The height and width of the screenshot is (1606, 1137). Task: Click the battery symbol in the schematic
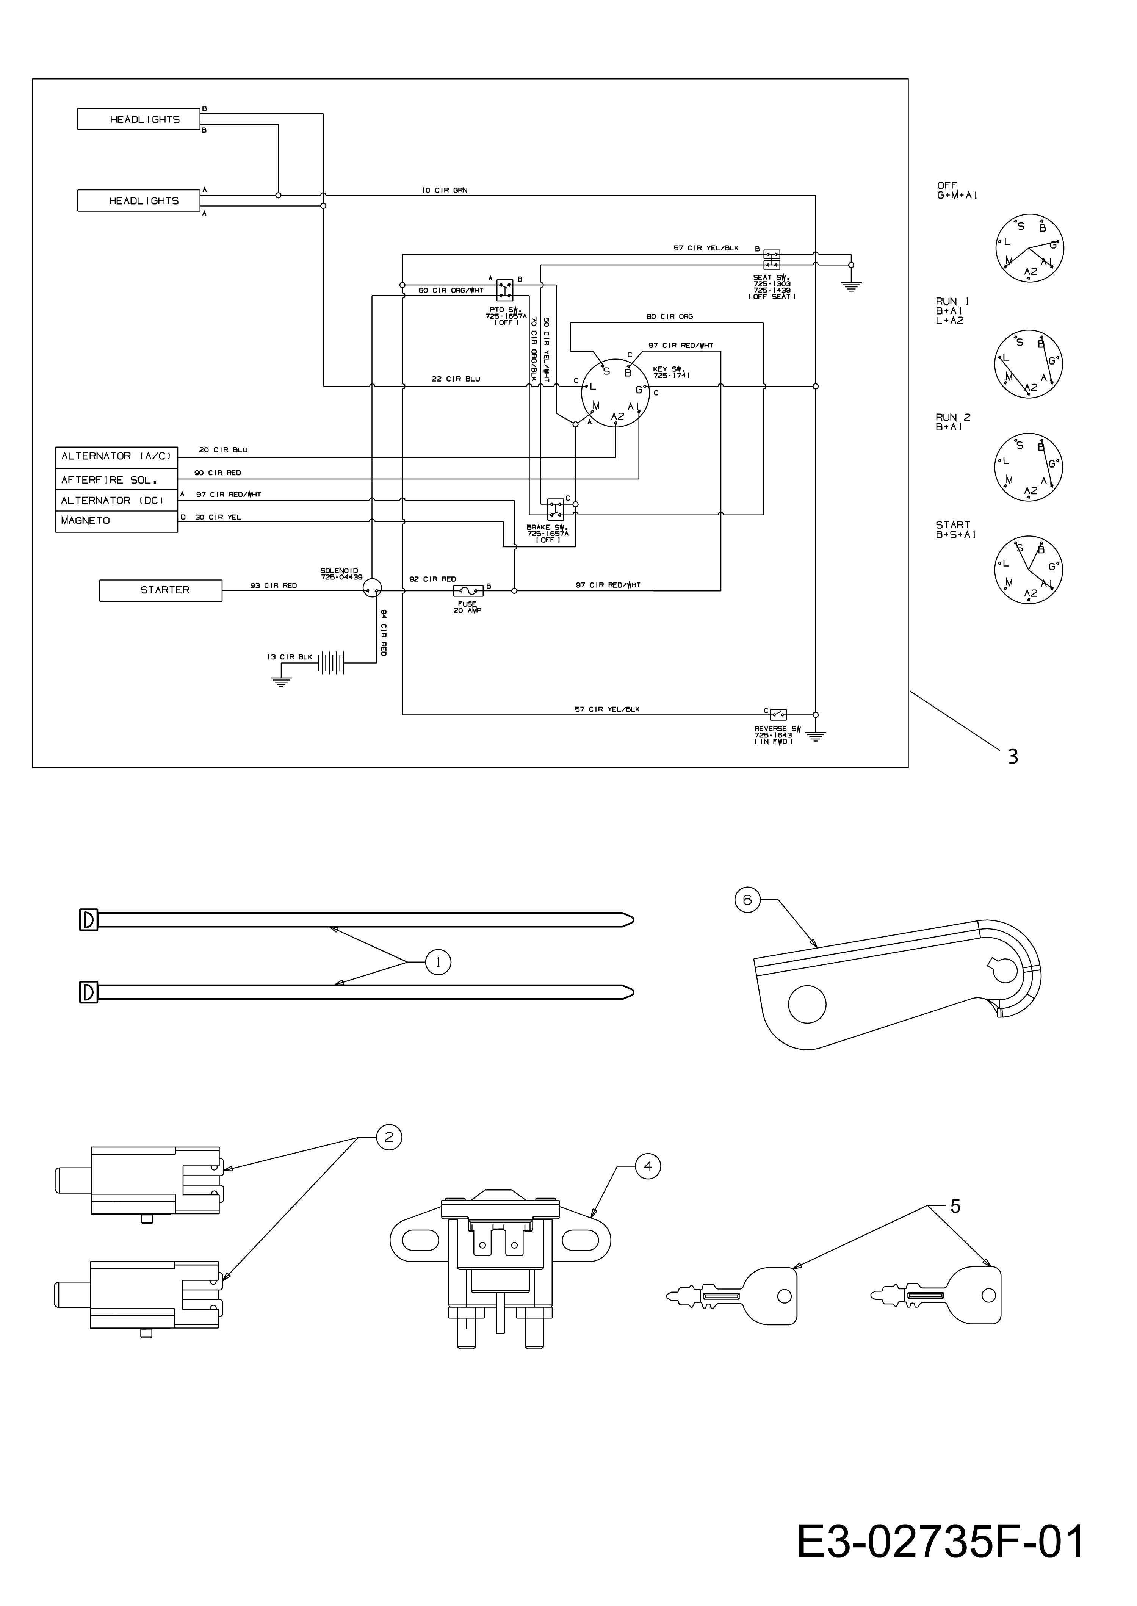(332, 662)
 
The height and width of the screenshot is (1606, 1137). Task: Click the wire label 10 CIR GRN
(445, 190)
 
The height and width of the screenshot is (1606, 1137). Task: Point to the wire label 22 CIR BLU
(456, 379)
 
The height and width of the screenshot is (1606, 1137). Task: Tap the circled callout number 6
(747, 900)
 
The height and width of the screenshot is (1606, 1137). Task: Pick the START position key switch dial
(1028, 569)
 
